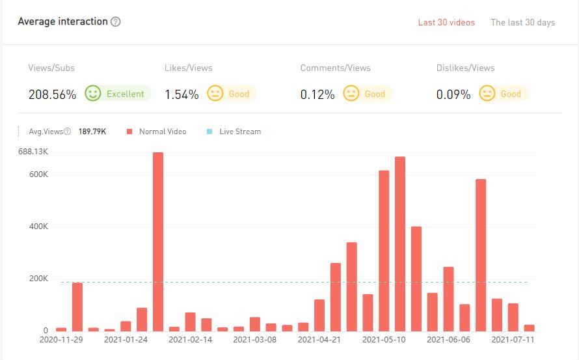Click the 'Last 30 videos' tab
(446, 22)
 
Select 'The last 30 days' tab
(522, 22)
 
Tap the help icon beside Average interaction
(116, 21)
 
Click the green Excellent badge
(118, 94)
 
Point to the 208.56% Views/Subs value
(52, 94)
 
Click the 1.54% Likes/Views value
(182, 94)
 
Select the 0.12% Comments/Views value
(317, 94)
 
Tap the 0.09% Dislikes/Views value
(453, 94)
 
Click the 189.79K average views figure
(92, 132)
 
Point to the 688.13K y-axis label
(33, 152)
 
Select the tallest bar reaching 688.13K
(158, 241)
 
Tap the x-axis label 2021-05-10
(384, 339)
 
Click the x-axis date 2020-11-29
(61, 339)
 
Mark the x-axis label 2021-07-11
(513, 339)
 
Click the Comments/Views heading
(335, 68)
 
